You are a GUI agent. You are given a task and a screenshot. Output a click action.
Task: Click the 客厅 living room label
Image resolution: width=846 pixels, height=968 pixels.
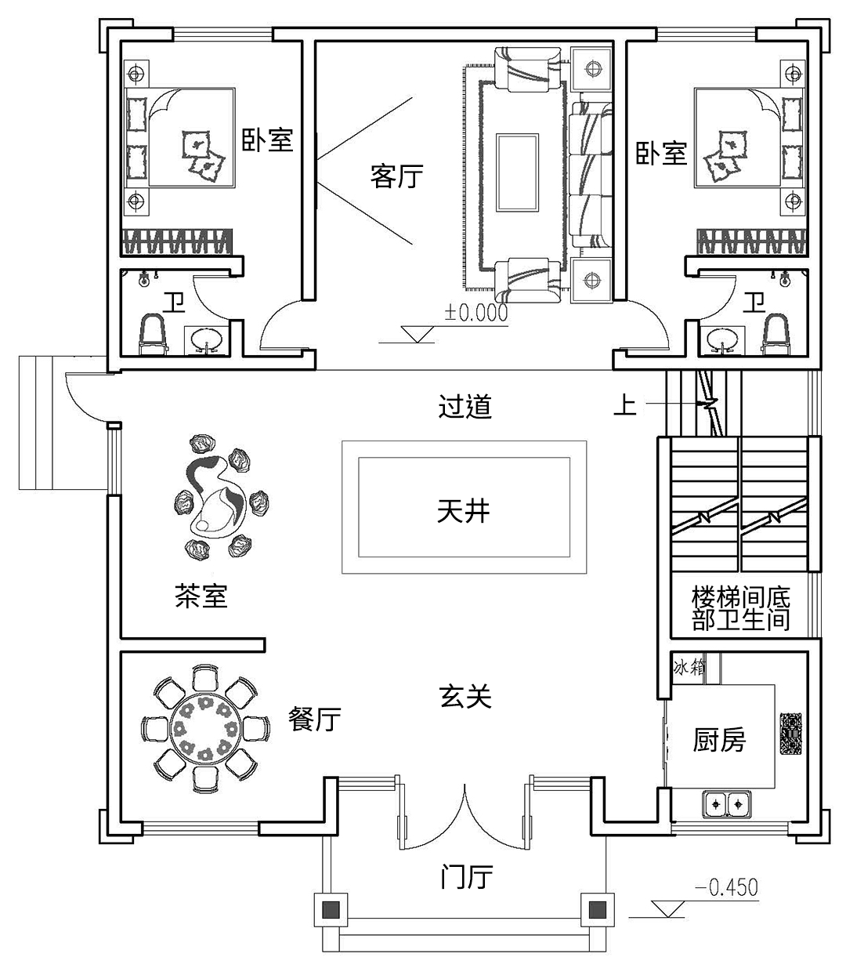(x=396, y=176)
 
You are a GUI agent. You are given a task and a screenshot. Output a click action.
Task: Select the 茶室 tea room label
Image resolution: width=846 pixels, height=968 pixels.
(x=201, y=597)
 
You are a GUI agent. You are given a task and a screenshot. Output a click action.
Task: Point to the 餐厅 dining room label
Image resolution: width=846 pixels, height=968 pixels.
(x=315, y=719)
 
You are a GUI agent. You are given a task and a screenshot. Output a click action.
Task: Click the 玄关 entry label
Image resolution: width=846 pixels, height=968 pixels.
(x=465, y=695)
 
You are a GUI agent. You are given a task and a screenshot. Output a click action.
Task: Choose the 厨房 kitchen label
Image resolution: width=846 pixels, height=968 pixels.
(x=719, y=739)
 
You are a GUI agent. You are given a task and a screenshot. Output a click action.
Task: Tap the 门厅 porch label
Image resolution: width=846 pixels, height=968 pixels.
(x=466, y=877)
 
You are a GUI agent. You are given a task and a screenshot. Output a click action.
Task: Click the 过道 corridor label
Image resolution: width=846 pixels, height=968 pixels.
(x=465, y=407)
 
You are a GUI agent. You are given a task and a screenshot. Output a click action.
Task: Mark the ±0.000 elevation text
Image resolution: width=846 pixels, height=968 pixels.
(x=476, y=312)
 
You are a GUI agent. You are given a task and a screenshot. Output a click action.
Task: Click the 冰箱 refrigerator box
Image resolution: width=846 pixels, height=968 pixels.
(x=689, y=668)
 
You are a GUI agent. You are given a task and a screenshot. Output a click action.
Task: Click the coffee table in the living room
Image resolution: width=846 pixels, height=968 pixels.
(x=517, y=172)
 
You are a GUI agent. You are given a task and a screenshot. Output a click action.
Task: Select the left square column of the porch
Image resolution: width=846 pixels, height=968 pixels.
(x=332, y=910)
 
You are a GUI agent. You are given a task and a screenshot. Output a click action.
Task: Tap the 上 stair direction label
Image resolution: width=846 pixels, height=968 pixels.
(x=624, y=405)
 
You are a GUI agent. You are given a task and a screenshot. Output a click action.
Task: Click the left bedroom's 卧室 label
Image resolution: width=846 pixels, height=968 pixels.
(x=266, y=140)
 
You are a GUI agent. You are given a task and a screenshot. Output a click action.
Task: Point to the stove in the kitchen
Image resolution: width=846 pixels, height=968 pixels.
(x=790, y=734)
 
